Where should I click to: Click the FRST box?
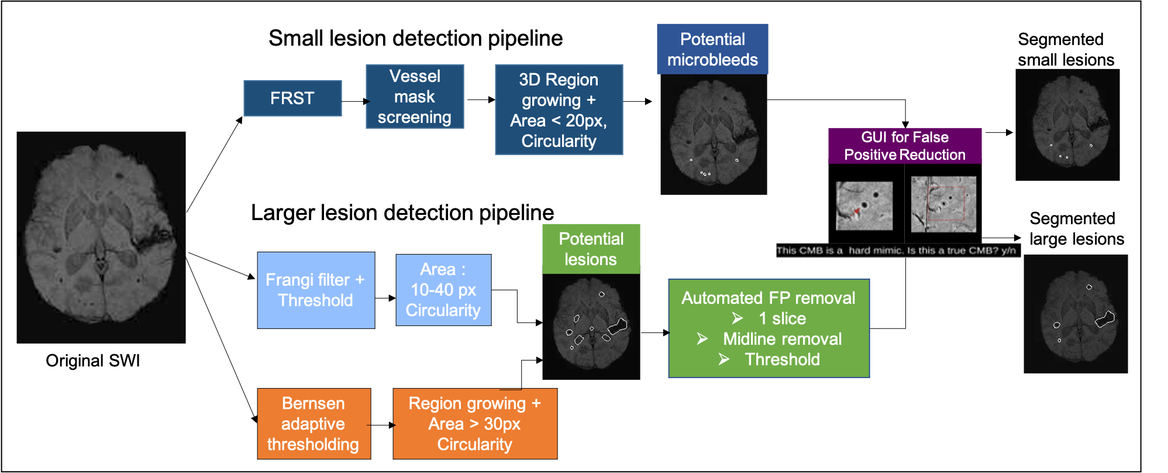[x=292, y=98]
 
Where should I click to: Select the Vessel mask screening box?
[x=415, y=97]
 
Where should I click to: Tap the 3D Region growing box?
[x=559, y=109]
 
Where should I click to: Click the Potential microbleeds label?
[x=712, y=49]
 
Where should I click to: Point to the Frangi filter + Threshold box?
[x=316, y=290]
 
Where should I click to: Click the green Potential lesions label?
[x=591, y=249]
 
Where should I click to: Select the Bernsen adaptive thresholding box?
[x=313, y=424]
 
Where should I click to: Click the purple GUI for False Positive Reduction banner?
[x=905, y=146]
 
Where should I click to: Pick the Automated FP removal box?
[x=769, y=328]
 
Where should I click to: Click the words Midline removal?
[x=782, y=339]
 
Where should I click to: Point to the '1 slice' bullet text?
[x=782, y=318]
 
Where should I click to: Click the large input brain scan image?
[x=101, y=237]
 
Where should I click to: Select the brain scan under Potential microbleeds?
[x=714, y=135]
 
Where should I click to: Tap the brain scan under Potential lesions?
[x=591, y=327]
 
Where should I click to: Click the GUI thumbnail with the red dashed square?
[x=943, y=204]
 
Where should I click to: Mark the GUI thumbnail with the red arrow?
[x=864, y=206]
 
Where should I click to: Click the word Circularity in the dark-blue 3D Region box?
[x=559, y=141]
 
